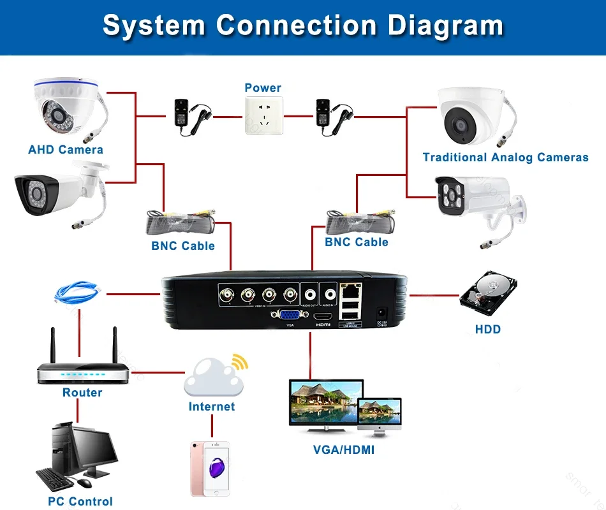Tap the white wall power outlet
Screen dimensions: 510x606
click(x=263, y=115)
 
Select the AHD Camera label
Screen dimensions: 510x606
click(x=66, y=150)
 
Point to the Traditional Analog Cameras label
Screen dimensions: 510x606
click(x=505, y=157)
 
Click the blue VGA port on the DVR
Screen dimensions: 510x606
click(x=287, y=314)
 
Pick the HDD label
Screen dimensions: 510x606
click(x=488, y=330)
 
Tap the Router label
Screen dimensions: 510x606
click(x=82, y=393)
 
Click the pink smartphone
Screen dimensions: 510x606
click(x=211, y=468)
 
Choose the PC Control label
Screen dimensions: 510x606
click(x=80, y=501)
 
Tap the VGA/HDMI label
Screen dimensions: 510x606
click(x=344, y=450)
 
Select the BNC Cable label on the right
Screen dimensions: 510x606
click(x=357, y=242)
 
